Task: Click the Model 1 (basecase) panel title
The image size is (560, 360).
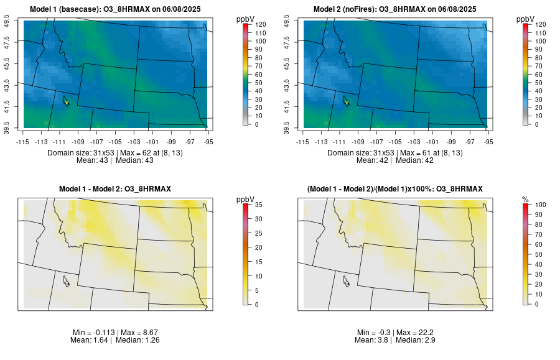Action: tap(118, 9)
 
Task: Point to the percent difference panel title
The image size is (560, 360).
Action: tap(395, 188)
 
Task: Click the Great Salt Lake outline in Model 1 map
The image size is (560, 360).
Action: tap(65, 100)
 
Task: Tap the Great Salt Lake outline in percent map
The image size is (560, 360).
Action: tap(345, 281)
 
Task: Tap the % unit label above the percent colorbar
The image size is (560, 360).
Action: tap(525, 199)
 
